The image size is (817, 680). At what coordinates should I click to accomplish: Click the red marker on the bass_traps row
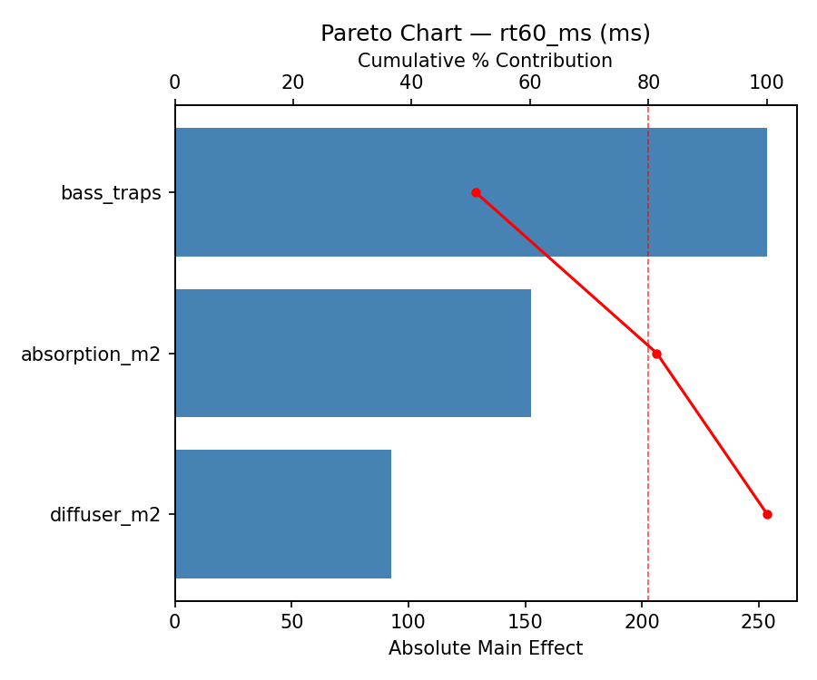(476, 192)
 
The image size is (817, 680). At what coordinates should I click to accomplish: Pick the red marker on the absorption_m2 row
(656, 354)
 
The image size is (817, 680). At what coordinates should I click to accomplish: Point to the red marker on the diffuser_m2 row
(767, 514)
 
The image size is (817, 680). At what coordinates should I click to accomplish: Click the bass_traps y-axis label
(111, 193)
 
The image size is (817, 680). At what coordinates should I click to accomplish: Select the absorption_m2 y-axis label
(91, 355)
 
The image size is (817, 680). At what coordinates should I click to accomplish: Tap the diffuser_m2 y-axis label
(105, 515)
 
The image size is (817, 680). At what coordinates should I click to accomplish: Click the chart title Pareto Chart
(486, 34)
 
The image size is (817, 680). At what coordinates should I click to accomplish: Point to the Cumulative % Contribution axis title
(485, 61)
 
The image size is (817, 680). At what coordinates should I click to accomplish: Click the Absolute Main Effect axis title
(486, 648)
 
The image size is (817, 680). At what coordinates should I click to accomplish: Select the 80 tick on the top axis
(648, 83)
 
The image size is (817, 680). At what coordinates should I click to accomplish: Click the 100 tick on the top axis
(766, 83)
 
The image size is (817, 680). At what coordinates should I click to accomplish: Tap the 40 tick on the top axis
(411, 83)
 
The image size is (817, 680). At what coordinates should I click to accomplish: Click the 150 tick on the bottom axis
(525, 623)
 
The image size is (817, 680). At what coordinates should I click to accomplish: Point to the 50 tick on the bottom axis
(291, 623)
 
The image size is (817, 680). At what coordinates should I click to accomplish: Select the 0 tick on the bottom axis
(175, 623)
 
